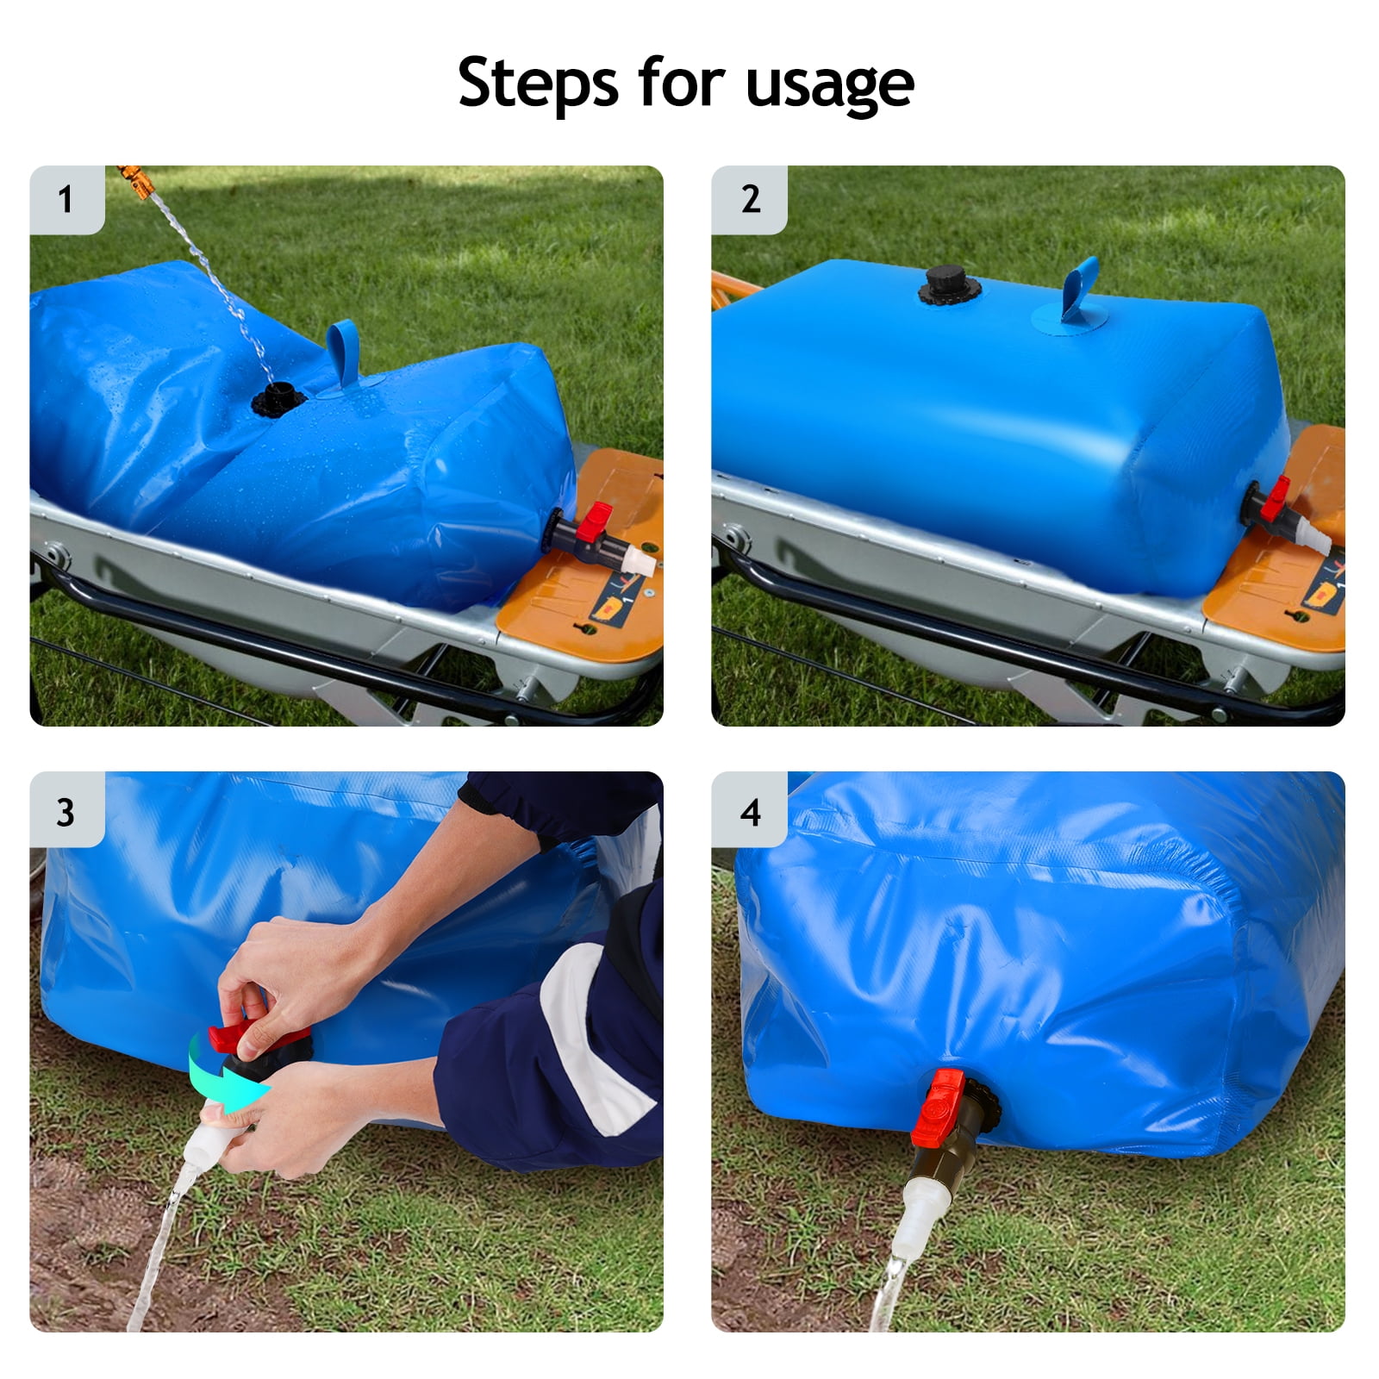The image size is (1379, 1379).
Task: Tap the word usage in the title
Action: click(x=829, y=85)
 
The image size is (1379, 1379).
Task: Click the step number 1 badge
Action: click(x=66, y=200)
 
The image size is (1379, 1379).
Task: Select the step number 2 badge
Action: click(x=750, y=200)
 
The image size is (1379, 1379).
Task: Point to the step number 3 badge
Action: click(x=66, y=812)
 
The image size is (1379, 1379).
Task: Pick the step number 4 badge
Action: click(x=750, y=812)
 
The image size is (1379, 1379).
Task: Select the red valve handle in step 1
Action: click(x=594, y=521)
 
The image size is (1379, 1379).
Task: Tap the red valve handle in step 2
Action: click(x=1277, y=498)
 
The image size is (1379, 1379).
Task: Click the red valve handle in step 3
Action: click(x=259, y=1037)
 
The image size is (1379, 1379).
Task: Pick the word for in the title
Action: click(x=681, y=84)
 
